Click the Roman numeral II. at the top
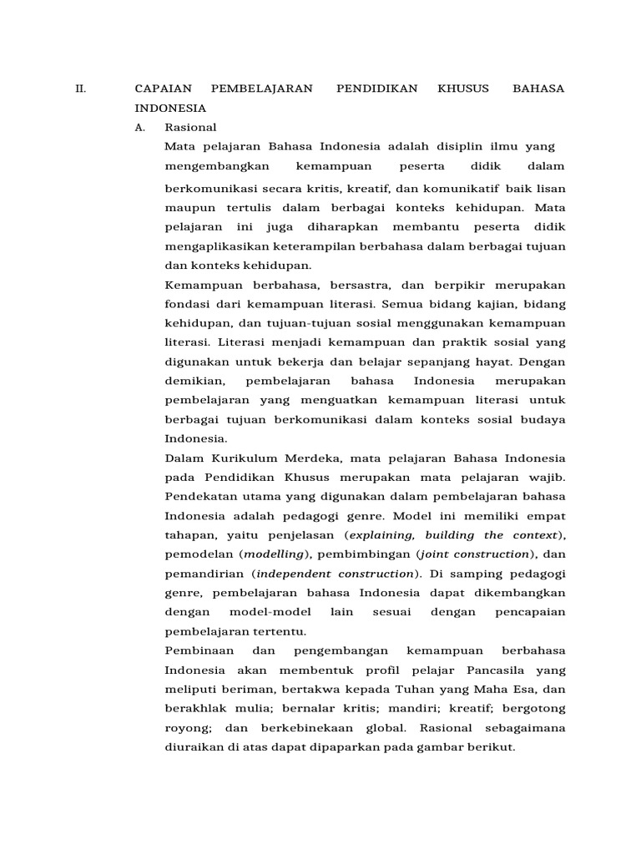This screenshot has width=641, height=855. click(x=81, y=88)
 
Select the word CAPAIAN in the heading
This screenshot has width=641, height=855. click(x=164, y=88)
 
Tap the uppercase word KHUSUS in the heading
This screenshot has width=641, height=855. click(x=463, y=88)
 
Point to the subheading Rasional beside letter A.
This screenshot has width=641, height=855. click(x=191, y=128)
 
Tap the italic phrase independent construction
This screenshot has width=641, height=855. click(x=335, y=574)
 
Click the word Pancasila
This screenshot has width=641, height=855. click(x=490, y=670)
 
